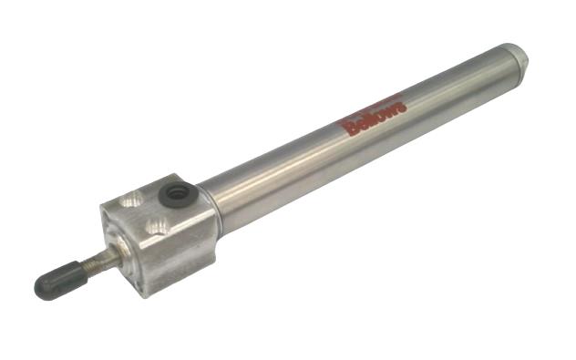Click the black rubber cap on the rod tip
pyautogui.click(x=57, y=282)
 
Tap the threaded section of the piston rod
pyautogui.click(x=93, y=264)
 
